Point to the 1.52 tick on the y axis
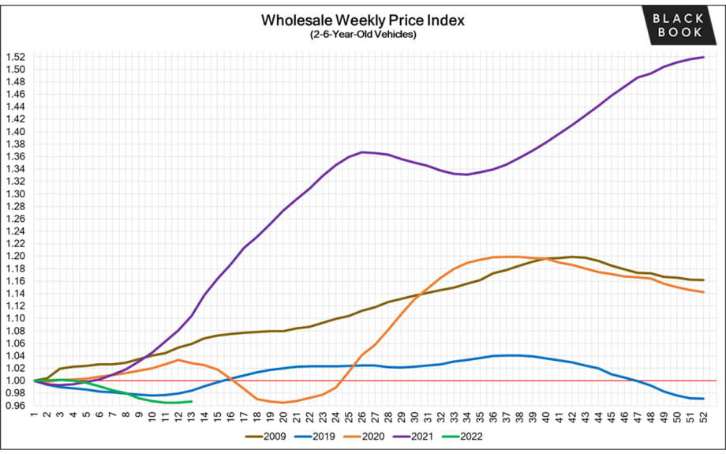(15, 57)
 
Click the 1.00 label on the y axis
(15, 381)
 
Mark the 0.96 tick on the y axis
(15, 406)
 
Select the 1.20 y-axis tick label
(15, 256)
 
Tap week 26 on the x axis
(362, 415)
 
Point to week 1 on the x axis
(34, 415)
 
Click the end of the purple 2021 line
(703, 57)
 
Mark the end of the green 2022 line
(192, 401)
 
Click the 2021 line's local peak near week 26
(362, 152)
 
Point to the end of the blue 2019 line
(703, 398)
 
